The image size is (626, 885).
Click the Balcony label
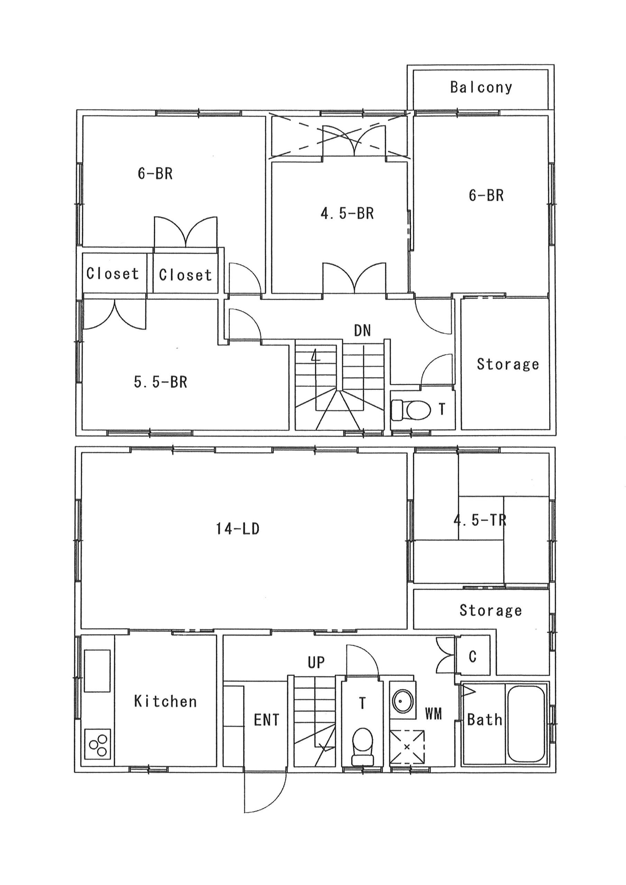481,87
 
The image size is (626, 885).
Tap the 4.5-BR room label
347,214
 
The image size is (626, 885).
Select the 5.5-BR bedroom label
160,382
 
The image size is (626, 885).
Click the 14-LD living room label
238,529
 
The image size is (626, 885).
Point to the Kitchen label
165,701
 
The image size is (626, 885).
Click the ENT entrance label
267,720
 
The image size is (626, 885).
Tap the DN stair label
362,330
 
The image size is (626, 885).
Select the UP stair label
316,663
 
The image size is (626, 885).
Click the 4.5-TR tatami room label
480,520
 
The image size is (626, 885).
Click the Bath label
485,720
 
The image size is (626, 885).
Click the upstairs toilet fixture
411,410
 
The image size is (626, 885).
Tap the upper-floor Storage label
508,364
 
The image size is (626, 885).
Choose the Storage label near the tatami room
491,610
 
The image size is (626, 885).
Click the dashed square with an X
407,747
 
